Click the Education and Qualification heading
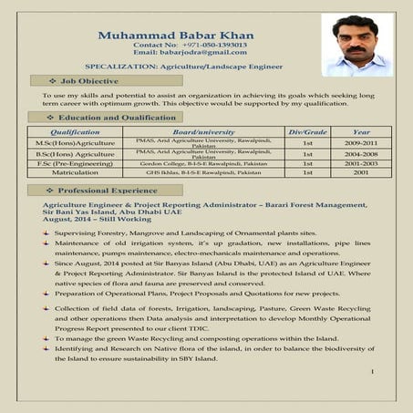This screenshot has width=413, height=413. pos(117,118)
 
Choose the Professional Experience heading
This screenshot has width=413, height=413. pos(107,189)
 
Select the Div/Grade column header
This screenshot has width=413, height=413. pos(307,132)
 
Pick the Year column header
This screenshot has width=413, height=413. pos(361,132)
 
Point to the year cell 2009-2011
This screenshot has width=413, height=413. pos(361,144)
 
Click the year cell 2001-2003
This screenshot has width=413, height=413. pos(361,163)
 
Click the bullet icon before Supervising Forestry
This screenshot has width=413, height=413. pos(46,234)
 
